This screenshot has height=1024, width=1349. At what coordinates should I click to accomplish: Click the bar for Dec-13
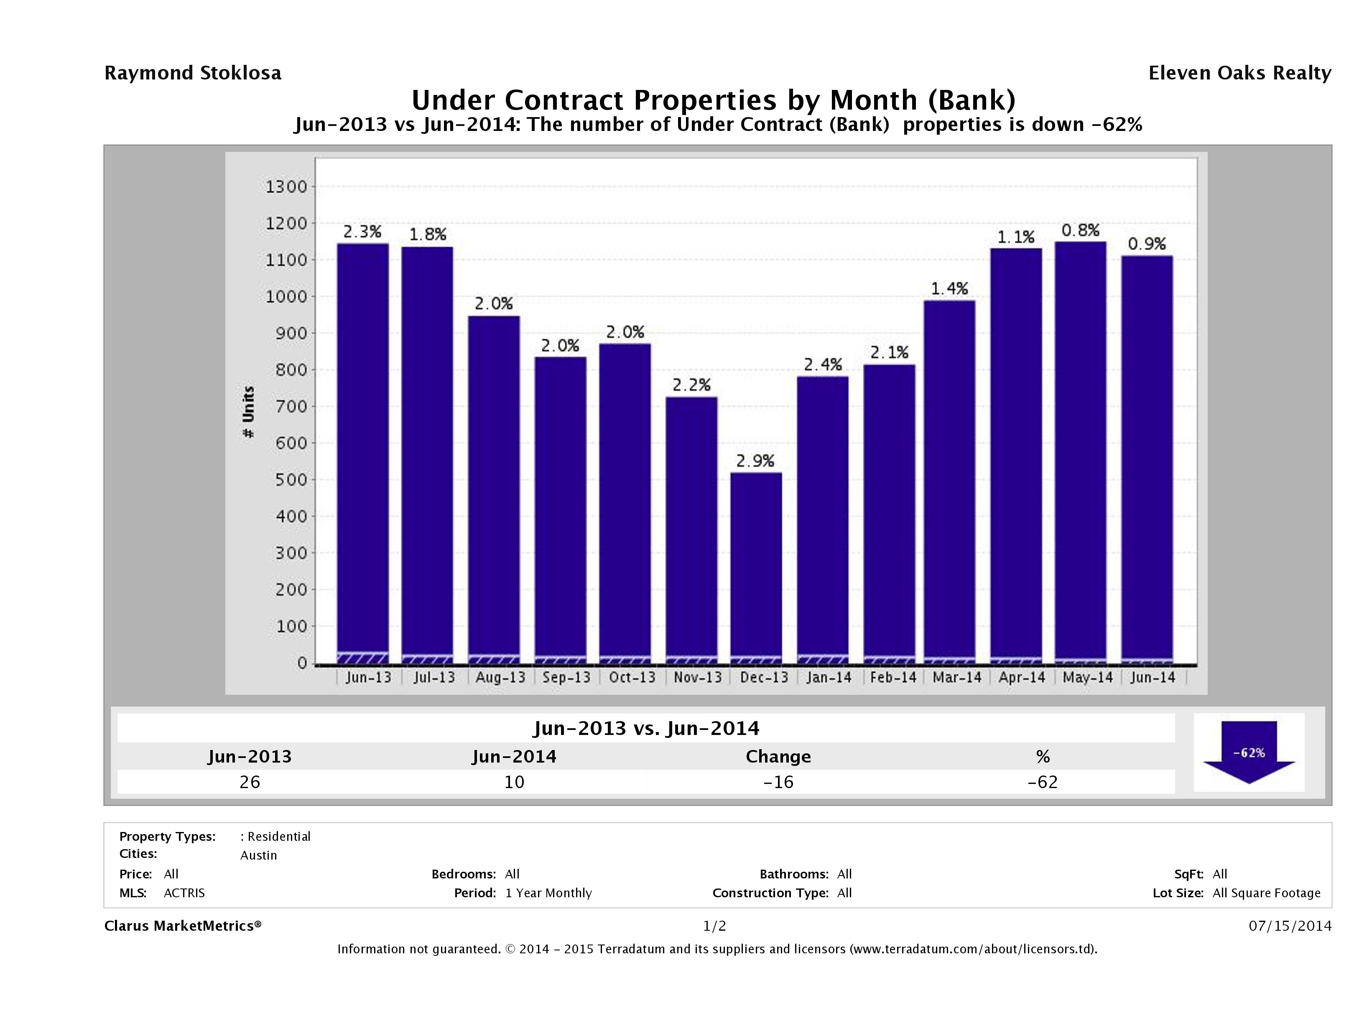pos(756,568)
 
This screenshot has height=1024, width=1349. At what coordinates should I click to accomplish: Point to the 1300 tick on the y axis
pos(286,187)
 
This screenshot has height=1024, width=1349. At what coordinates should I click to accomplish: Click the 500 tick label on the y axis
pos(286,480)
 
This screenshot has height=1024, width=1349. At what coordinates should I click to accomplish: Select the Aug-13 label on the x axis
pos(500,677)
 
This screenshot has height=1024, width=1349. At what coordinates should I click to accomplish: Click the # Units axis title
pos(249,412)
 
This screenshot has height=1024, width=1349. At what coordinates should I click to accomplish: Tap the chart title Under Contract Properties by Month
pos(714,100)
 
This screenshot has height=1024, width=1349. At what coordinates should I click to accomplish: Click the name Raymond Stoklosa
pos(193,73)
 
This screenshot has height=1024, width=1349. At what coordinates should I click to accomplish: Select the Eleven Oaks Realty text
pos(1239,73)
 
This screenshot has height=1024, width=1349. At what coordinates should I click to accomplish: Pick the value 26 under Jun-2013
pos(250,782)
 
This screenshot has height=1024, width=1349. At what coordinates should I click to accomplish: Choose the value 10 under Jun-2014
pos(514,782)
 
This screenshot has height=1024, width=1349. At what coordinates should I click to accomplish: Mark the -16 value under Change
pos(778,782)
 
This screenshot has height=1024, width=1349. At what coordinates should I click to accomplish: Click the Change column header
pos(778,757)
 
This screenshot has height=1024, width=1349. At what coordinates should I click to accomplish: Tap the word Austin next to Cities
pos(259,855)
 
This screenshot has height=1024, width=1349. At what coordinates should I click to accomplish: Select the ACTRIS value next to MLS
pos(184,893)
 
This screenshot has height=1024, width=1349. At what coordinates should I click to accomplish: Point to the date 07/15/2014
pos(1290,926)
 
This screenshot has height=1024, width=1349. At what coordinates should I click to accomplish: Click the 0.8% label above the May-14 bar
pos(1080,230)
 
